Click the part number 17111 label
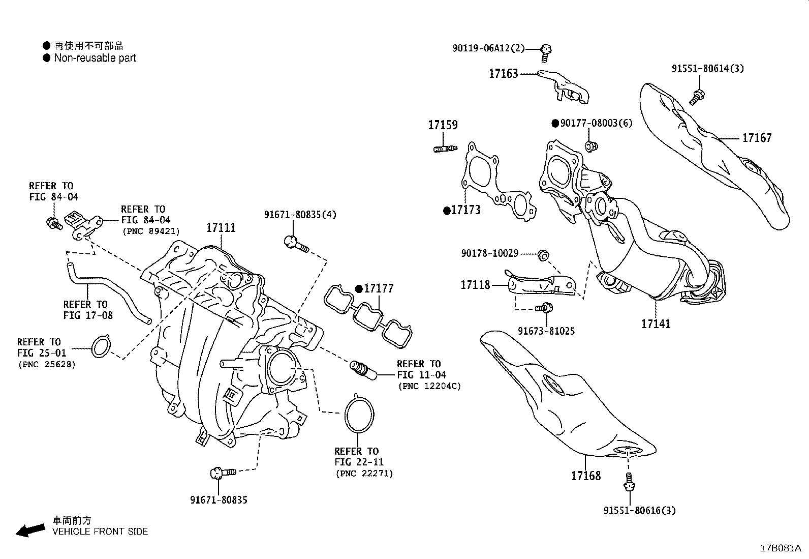coord(221,227)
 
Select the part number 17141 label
coord(656,323)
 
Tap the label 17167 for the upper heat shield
coord(757,138)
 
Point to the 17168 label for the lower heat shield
coord(586,476)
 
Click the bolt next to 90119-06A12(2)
coord(547,50)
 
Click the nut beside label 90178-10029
coord(543,254)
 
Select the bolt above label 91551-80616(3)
coord(630,482)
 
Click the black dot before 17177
coord(359,289)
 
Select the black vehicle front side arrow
coord(30,529)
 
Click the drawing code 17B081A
coord(780,548)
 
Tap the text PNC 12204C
coord(429,386)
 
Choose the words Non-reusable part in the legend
coord(95,58)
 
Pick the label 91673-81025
coord(546,331)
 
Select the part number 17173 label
coord(465,210)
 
